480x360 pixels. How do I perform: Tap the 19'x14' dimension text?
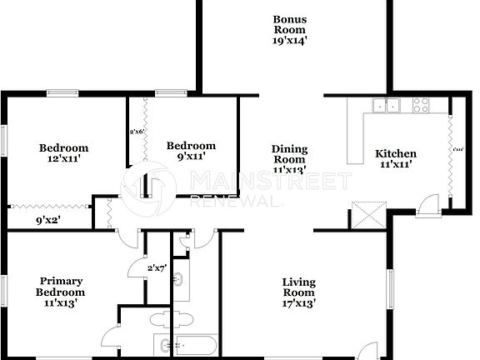click(291, 40)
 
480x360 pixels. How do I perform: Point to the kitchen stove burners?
click(421, 106)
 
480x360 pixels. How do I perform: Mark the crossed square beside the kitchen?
click(364, 215)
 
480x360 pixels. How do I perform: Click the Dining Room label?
click(290, 154)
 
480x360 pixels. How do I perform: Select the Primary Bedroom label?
click(60, 287)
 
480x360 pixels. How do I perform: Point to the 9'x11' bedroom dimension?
click(190, 156)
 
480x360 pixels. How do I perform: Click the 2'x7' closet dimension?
click(156, 267)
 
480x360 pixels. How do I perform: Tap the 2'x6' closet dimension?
click(137, 132)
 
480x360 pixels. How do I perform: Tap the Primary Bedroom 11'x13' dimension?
click(60, 304)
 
